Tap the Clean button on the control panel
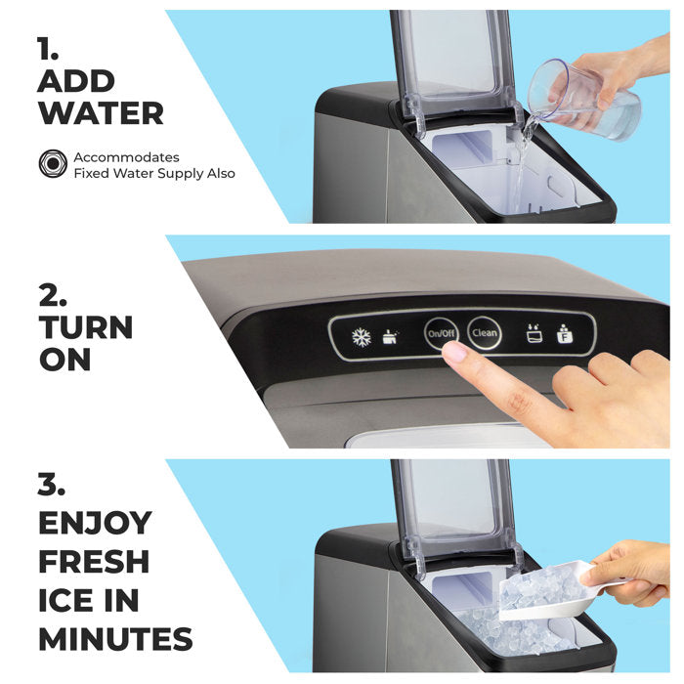[484, 333]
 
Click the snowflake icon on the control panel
[362, 336]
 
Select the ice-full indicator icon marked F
[565, 334]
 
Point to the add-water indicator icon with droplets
[534, 333]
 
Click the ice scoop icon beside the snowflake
[391, 337]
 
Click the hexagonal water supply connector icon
[53, 163]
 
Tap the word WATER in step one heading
[101, 113]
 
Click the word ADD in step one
[76, 81]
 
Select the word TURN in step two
[86, 327]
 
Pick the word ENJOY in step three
[95, 523]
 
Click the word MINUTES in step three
[115, 639]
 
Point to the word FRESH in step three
[94, 562]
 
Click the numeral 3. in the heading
[52, 485]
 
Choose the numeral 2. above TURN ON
[53, 295]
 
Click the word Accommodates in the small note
[126, 157]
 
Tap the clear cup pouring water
[583, 101]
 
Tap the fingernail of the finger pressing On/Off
[453, 352]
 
